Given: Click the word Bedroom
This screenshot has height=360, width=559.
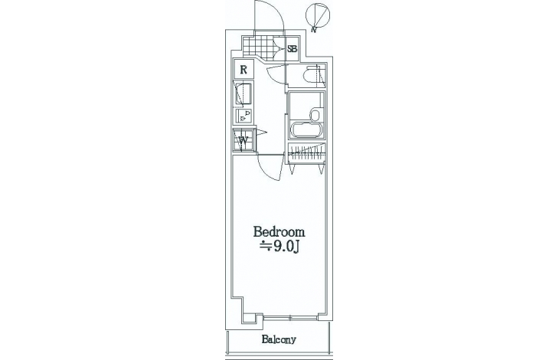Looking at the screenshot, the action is (279, 232).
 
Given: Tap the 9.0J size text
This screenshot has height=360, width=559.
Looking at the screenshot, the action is (285, 247).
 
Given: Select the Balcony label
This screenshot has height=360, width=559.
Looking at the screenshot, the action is (279, 339).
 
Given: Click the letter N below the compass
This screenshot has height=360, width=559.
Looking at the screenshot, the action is (314, 30).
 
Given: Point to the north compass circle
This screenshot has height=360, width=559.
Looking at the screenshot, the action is (318, 15).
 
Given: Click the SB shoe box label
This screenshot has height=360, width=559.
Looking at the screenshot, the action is (292, 48).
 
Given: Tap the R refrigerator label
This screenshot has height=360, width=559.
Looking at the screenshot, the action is (244, 70).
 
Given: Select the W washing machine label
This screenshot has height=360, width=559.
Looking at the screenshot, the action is (244, 139).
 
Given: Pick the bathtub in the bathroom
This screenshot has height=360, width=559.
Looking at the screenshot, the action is (306, 131).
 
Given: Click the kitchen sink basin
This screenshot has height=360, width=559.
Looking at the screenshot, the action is (244, 93).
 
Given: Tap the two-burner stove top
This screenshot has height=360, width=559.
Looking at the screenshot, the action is (244, 116).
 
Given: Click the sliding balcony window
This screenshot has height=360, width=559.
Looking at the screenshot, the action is (290, 317).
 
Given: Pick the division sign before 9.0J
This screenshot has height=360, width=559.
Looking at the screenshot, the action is (266, 245).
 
